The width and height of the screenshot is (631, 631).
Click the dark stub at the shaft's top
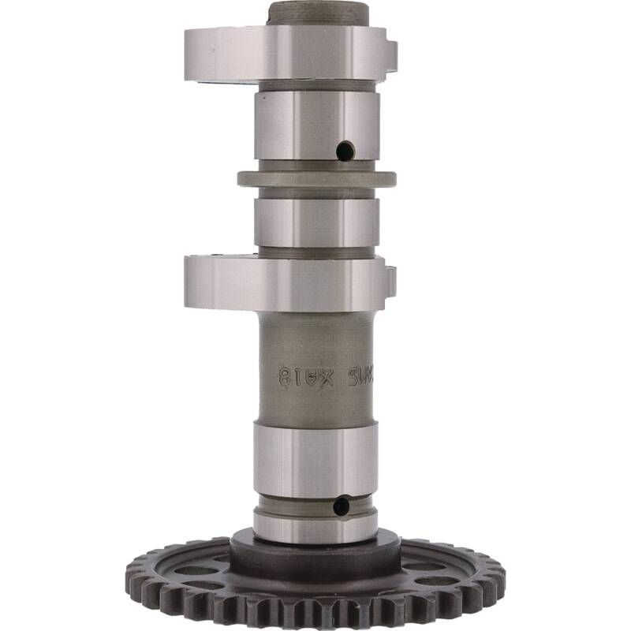[318, 13]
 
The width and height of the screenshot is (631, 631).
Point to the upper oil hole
[345, 150]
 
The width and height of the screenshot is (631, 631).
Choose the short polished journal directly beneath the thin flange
[316, 222]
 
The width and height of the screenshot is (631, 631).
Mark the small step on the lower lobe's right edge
[390, 281]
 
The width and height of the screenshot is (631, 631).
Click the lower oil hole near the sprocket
[341, 506]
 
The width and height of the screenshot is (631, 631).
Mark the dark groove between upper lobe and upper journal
[316, 85]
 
